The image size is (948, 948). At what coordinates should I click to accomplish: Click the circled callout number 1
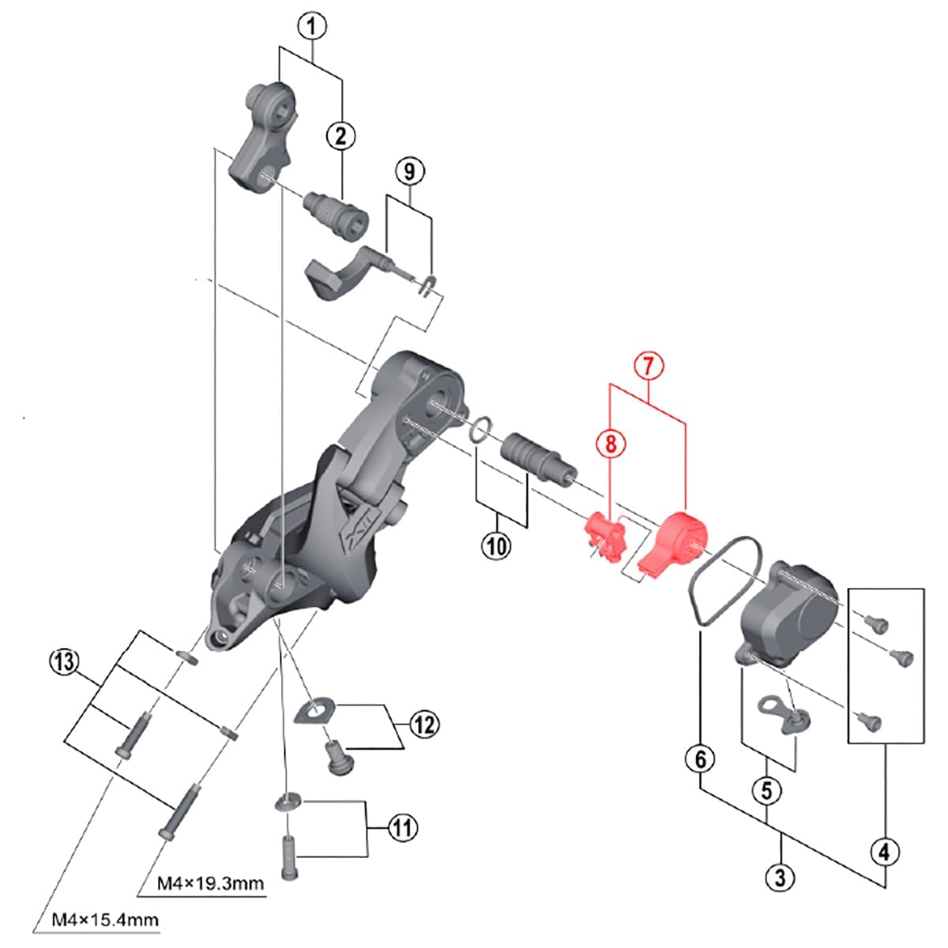(311, 26)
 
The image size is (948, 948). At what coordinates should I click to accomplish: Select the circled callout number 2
(341, 136)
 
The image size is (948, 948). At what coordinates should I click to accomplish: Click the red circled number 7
(648, 366)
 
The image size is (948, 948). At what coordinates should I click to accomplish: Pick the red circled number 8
(610, 443)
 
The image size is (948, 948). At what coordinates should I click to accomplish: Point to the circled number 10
(496, 546)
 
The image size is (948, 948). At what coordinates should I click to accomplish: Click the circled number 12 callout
(424, 724)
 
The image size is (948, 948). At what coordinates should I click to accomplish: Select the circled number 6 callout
(700, 759)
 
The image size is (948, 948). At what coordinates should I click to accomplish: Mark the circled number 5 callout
(766, 790)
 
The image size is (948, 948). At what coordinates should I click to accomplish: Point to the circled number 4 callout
(884, 852)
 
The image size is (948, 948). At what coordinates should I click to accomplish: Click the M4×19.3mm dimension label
(210, 882)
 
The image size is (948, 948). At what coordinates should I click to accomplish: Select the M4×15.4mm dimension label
(105, 920)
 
